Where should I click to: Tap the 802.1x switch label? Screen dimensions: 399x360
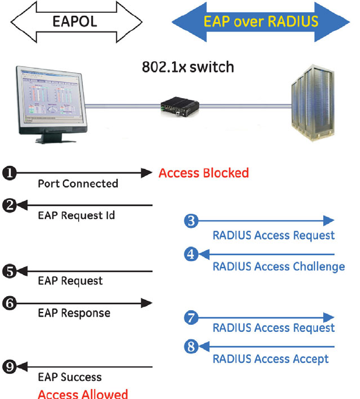(x=188, y=67)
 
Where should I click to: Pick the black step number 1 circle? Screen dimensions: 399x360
(x=9, y=173)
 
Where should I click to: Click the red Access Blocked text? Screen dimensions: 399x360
(x=204, y=173)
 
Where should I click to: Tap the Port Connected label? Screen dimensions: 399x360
(x=78, y=183)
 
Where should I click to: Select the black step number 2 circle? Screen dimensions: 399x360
(x=9, y=205)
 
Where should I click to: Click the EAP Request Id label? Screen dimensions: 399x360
(x=76, y=216)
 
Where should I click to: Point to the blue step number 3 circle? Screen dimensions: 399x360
(x=191, y=221)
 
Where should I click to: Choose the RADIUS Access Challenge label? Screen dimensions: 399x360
(x=278, y=267)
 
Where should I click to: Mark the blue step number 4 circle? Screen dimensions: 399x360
(x=191, y=254)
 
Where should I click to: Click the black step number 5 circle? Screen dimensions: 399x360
(x=9, y=270)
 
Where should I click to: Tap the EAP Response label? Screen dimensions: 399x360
(x=74, y=313)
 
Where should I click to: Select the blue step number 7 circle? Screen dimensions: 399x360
(x=191, y=318)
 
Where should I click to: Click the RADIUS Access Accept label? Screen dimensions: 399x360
(x=271, y=359)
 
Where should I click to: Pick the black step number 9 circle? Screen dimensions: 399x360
(x=9, y=367)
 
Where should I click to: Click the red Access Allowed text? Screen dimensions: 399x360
(x=82, y=394)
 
